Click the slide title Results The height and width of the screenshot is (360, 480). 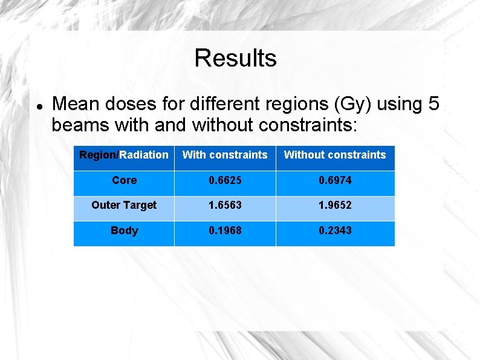point(235,58)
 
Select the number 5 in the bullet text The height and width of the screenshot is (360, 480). point(433,104)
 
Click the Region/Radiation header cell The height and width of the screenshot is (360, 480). point(124,155)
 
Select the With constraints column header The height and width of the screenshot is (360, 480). point(225,155)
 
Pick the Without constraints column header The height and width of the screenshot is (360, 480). point(335,155)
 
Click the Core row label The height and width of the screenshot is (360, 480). point(124,180)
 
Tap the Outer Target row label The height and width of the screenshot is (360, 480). point(124,205)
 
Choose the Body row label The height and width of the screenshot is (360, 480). point(124,231)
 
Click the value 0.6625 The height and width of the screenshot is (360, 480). point(225,180)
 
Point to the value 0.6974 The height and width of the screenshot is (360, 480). point(335,180)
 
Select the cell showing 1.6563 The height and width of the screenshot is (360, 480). point(225,205)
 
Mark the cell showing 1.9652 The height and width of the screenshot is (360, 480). point(335,205)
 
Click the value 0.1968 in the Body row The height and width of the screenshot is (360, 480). point(225,231)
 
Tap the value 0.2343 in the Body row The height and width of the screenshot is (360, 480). point(335,231)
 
